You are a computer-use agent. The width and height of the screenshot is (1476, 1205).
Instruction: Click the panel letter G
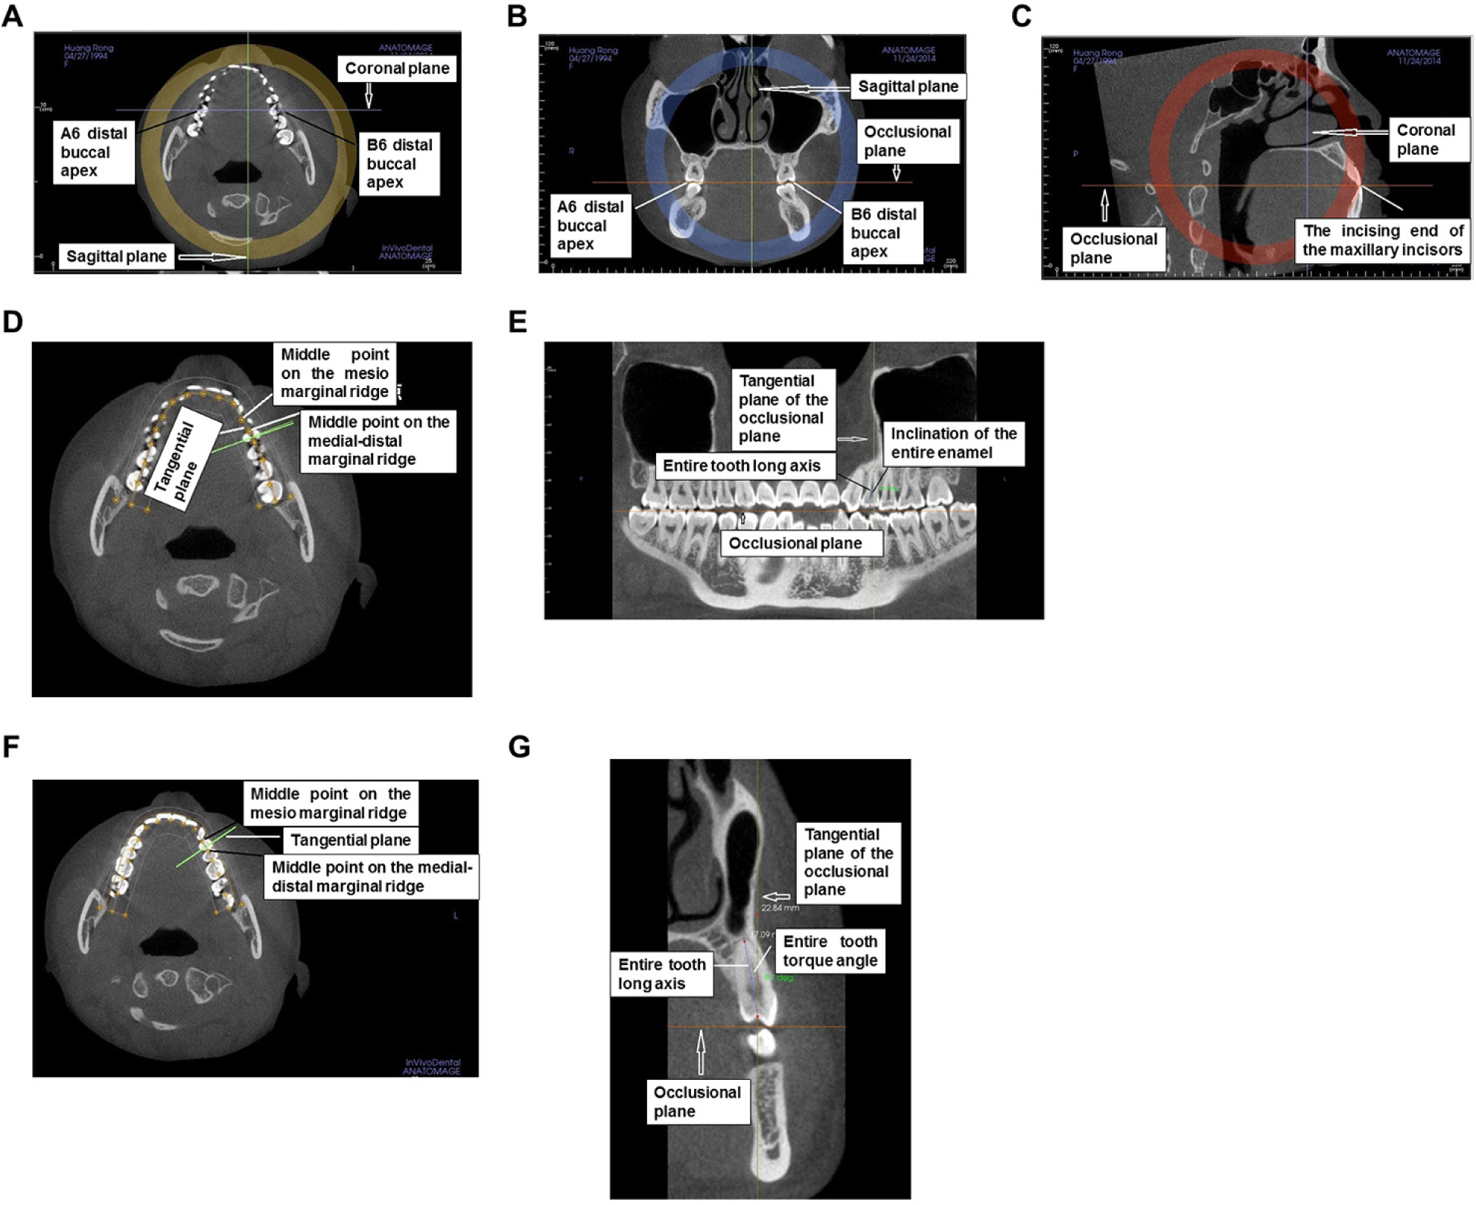(x=519, y=746)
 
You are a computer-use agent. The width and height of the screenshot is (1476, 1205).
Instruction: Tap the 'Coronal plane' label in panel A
(x=397, y=69)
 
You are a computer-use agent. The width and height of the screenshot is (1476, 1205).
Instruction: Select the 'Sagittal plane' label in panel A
(x=116, y=256)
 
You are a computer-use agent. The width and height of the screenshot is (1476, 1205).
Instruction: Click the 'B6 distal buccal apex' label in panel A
(x=399, y=164)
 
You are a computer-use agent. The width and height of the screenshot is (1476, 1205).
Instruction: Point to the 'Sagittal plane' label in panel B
(x=908, y=86)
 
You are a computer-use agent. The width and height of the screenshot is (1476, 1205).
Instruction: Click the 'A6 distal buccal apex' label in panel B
(x=591, y=226)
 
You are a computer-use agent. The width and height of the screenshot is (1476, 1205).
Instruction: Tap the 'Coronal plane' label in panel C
(x=1425, y=139)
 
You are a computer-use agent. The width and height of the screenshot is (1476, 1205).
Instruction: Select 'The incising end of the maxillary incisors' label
(x=1382, y=241)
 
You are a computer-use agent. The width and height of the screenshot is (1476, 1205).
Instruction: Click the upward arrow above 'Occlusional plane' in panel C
(x=1105, y=205)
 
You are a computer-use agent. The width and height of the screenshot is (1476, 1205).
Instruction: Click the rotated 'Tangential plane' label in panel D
(x=176, y=462)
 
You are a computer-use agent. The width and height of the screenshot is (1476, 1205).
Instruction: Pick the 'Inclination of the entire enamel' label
(x=953, y=443)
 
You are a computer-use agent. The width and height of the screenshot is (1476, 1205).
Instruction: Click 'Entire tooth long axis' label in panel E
(x=742, y=466)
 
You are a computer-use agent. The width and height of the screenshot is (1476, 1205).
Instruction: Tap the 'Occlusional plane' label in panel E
(x=795, y=544)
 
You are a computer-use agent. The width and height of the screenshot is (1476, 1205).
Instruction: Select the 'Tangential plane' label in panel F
(x=350, y=840)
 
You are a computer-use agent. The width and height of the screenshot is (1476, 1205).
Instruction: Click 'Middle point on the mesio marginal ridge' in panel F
(x=330, y=803)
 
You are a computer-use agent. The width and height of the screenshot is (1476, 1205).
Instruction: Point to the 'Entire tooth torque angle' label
(x=830, y=951)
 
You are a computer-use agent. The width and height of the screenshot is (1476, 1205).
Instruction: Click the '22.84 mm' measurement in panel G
(x=780, y=908)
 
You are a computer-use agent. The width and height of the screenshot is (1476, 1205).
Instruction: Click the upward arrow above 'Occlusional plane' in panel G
(x=701, y=1052)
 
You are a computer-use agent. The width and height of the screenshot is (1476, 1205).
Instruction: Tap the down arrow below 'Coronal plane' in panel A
(x=369, y=95)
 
